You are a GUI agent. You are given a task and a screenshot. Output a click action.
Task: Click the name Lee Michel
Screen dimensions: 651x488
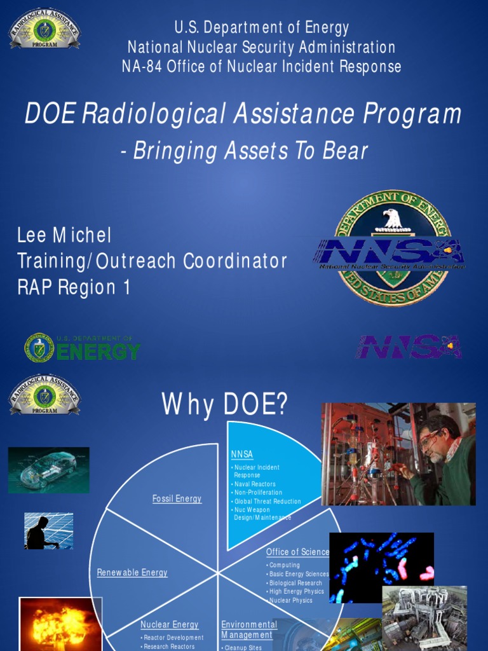pos(64,236)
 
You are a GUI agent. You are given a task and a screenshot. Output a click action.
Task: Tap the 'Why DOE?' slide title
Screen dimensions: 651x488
pos(225,404)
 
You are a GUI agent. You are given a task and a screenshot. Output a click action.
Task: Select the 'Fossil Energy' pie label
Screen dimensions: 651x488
pos(177,499)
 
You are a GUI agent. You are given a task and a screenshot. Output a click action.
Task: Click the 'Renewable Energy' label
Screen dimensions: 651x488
pos(132,573)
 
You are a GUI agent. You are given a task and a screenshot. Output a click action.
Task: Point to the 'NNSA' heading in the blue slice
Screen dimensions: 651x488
pos(242,454)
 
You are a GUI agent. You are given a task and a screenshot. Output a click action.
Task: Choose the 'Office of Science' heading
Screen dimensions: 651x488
pos(297,552)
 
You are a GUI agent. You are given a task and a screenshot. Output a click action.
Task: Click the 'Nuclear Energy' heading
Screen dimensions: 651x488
pos(170,625)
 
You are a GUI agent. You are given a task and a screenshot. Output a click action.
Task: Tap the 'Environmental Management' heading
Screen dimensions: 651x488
pos(248,629)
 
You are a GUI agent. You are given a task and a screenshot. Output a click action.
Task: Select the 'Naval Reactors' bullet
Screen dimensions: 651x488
pos(255,484)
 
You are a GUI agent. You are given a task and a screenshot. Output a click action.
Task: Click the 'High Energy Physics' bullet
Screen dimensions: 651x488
pos(296,591)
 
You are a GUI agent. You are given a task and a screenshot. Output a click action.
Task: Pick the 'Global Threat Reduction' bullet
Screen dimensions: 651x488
pos(268,501)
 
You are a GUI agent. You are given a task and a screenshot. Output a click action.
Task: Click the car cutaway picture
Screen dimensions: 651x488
pos(49,470)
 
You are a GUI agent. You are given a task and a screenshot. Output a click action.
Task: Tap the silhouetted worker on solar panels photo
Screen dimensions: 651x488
pos(48,531)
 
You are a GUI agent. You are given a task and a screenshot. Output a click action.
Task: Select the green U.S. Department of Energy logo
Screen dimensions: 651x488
pos(83,348)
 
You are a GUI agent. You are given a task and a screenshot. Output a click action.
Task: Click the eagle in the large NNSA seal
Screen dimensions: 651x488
pos(393,219)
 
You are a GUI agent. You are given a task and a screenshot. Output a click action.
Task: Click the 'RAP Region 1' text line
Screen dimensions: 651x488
pos(74,287)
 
